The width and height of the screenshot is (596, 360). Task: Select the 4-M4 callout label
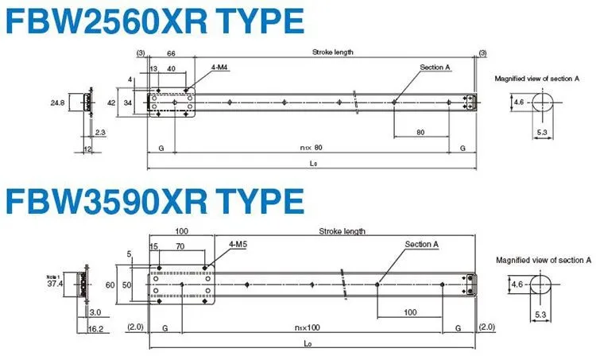tap(220, 70)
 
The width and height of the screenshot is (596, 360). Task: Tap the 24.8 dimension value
tap(56, 103)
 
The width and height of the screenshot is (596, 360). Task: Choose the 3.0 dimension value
tap(95, 312)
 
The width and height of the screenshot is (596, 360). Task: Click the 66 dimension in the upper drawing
tap(171, 53)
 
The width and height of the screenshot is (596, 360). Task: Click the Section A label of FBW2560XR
tap(435, 68)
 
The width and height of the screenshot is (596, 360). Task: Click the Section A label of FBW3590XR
tap(421, 244)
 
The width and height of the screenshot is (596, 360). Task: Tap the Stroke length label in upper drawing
tap(333, 52)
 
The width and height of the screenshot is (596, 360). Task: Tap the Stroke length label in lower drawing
tap(342, 231)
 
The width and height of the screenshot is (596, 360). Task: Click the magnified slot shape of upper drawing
tap(543, 103)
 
